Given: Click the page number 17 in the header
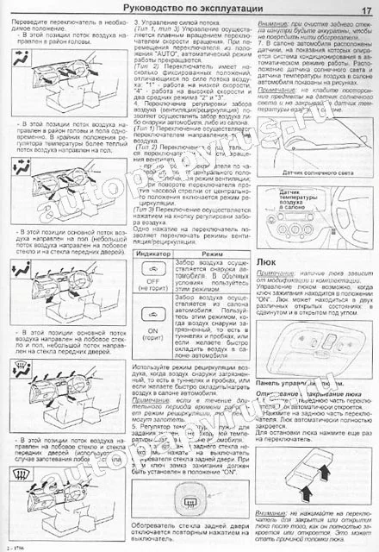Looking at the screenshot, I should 366,9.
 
